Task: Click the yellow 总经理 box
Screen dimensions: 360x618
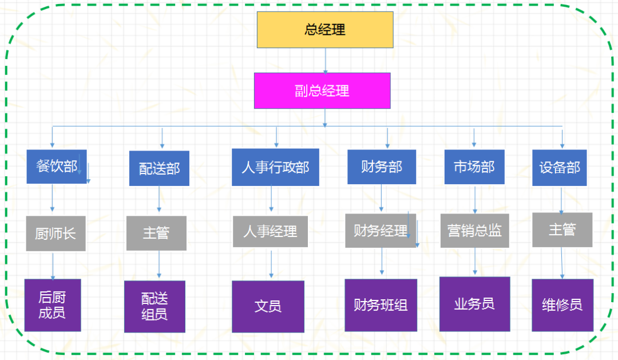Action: [325, 30]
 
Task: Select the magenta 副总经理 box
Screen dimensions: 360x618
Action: [322, 90]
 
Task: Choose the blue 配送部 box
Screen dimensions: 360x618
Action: [159, 168]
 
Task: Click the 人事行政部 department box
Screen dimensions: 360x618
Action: [275, 167]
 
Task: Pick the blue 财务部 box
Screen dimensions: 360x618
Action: [382, 167]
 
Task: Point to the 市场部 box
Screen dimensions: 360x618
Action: [474, 167]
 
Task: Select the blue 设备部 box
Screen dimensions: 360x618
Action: [560, 168]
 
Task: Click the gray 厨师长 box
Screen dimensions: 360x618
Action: [56, 234]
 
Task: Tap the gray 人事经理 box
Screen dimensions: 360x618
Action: [270, 231]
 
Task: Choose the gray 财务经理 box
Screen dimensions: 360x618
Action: [381, 231]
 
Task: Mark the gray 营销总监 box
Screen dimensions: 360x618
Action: [474, 230]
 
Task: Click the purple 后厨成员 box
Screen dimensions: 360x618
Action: [53, 305]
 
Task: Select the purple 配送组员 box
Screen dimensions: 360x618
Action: [154, 306]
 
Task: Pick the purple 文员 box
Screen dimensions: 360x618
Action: [268, 306]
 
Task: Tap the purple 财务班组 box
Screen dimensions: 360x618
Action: [381, 305]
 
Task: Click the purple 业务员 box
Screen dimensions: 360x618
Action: [474, 304]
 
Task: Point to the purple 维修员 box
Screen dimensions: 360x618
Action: [562, 305]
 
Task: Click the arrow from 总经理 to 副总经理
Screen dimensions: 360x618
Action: [326, 61]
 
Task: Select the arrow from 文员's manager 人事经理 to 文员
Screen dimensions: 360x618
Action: [271, 264]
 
